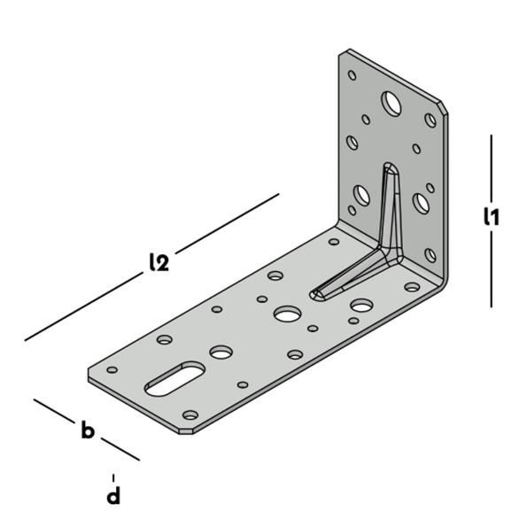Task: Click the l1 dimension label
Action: (492, 216)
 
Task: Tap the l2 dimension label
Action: (160, 262)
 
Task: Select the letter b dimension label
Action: (88, 431)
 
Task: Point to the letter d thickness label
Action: (113, 496)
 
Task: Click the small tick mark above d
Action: (113, 477)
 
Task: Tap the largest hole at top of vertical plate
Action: (391, 104)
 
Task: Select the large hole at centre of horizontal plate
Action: (286, 314)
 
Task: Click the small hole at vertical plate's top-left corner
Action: (352, 75)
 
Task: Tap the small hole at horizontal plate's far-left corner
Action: (112, 369)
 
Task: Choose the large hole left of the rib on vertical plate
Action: (362, 194)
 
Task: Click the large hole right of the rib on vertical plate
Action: (422, 205)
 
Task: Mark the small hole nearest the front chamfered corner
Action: (190, 415)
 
